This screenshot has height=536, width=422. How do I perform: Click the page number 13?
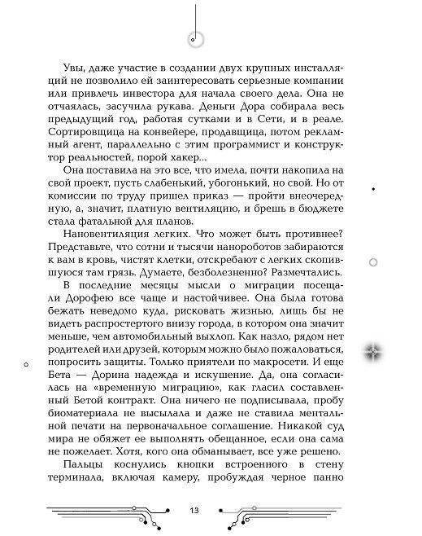coord(193,510)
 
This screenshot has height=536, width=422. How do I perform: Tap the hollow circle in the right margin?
coord(373,261)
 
